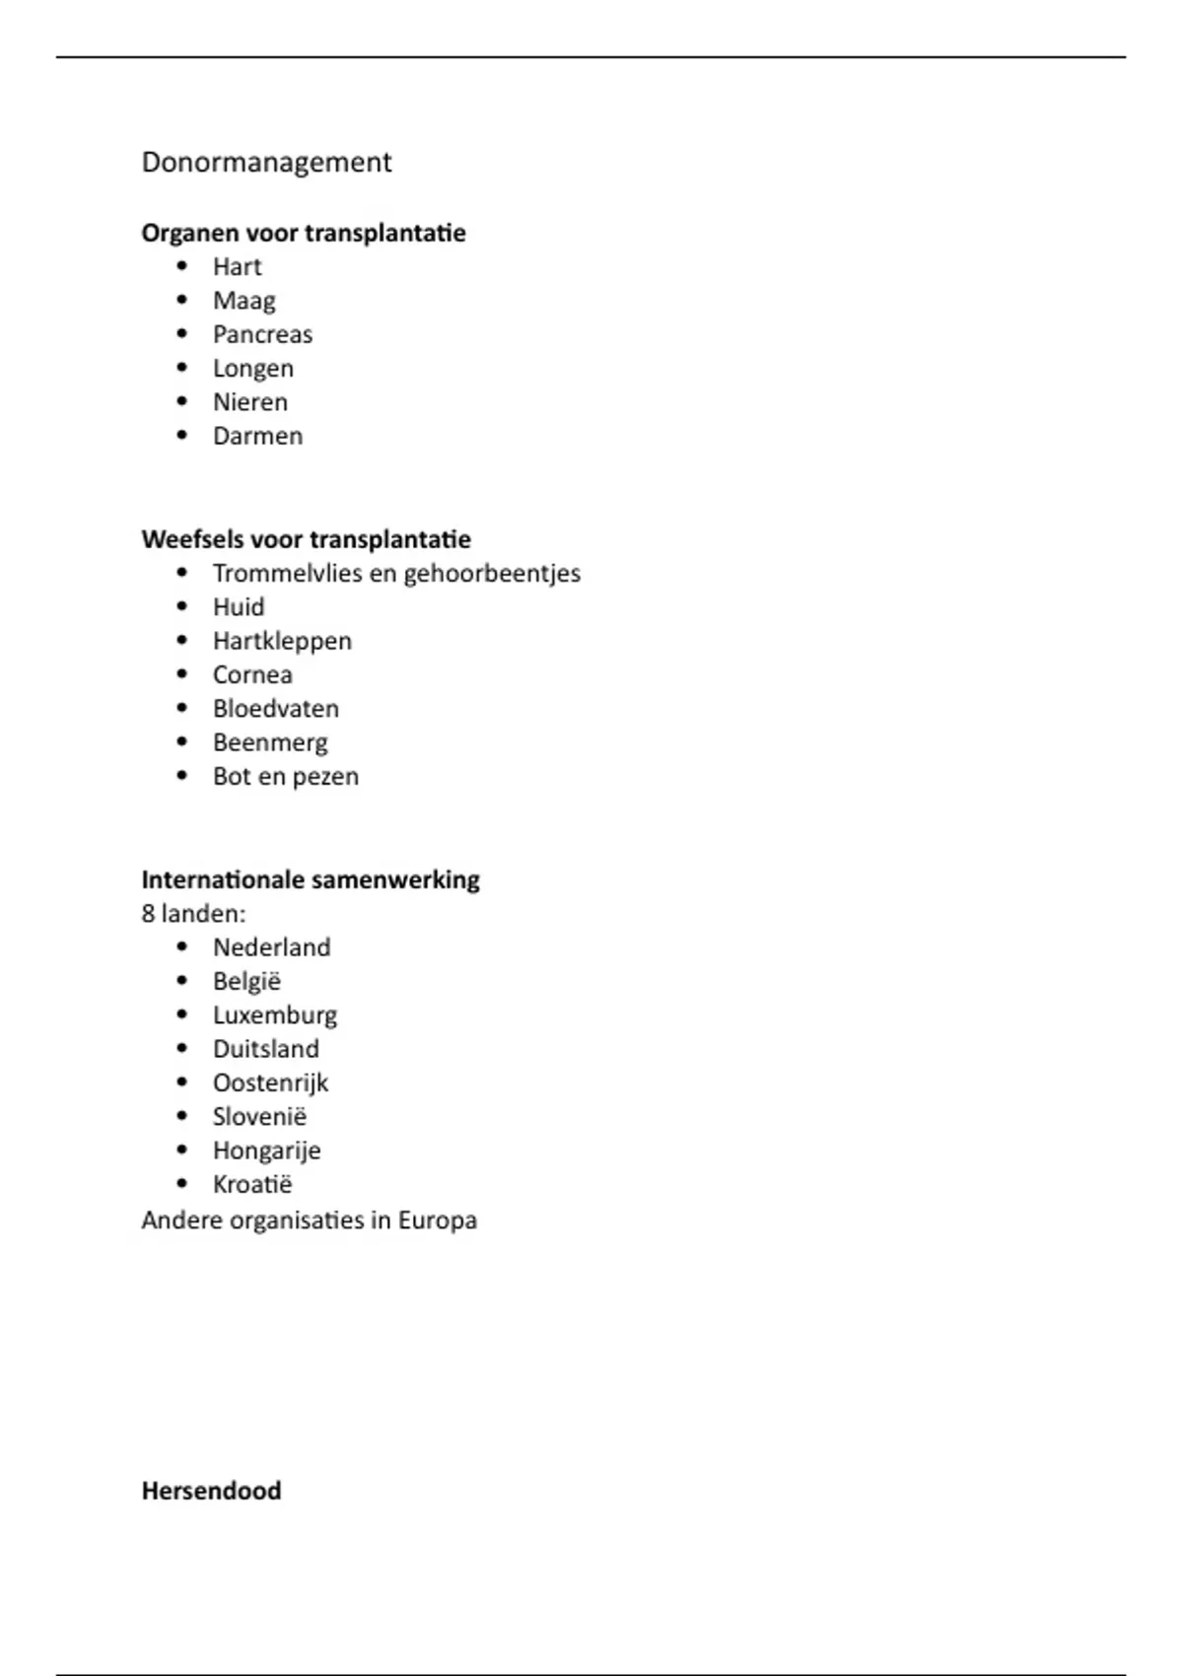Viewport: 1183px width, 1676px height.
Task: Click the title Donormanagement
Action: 266,162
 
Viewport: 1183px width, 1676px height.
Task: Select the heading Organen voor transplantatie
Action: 304,233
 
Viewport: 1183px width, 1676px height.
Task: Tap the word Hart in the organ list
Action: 237,267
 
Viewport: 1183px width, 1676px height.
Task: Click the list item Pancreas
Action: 262,334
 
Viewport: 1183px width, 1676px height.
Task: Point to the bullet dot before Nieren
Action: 181,401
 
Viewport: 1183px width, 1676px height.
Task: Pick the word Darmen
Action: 257,436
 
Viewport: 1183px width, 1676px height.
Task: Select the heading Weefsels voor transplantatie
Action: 306,539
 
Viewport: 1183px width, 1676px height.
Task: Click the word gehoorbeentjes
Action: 491,574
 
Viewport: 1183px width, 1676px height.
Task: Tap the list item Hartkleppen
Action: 282,641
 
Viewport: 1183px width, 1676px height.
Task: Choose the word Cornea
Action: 252,675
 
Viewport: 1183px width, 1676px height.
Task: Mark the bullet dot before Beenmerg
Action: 181,741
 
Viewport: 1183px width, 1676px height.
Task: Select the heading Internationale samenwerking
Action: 311,879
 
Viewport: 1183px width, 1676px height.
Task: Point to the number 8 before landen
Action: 148,914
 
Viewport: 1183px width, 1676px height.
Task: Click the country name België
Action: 246,982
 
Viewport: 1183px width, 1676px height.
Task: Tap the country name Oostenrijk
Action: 270,1083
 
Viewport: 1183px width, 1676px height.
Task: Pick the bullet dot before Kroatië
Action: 181,1184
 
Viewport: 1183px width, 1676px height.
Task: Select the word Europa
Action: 437,1221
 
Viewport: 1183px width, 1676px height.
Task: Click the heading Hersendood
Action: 211,1491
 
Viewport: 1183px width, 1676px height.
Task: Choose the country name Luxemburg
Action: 274,1015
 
